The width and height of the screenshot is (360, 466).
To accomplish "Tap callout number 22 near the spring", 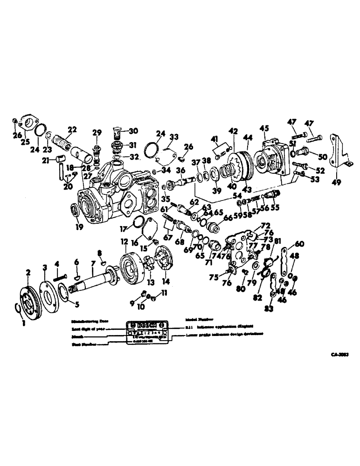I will pyautogui.click(x=72, y=130).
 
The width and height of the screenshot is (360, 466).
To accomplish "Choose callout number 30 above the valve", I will pyautogui.click(x=134, y=130).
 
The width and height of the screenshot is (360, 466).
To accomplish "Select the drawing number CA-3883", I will pyautogui.click(x=340, y=355).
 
